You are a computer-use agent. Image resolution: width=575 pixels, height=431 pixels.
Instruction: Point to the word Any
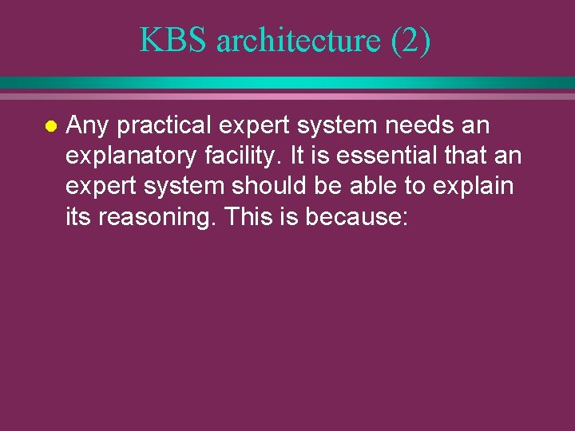(88, 126)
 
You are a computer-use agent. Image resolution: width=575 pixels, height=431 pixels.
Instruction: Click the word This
(249, 216)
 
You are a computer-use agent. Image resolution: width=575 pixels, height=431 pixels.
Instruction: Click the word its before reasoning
(78, 216)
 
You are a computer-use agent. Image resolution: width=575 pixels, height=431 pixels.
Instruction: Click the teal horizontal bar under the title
(287, 82)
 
